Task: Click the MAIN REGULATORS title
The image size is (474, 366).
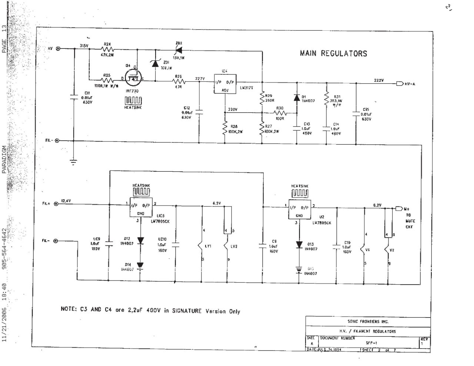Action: pos(333,53)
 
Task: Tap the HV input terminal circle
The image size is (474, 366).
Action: pos(58,48)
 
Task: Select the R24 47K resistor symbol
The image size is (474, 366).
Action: pos(108,48)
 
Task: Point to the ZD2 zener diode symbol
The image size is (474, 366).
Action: pos(180,49)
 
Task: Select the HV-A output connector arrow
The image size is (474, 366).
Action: pos(399,84)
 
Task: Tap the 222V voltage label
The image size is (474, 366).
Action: pos(379,80)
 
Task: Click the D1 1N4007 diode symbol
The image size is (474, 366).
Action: pos(296,98)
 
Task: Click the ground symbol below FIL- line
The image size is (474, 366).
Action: pos(74,161)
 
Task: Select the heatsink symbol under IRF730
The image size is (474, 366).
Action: pos(133,100)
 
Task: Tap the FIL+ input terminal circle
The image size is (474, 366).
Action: pos(56,204)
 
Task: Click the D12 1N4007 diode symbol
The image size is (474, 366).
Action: pos(140,241)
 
